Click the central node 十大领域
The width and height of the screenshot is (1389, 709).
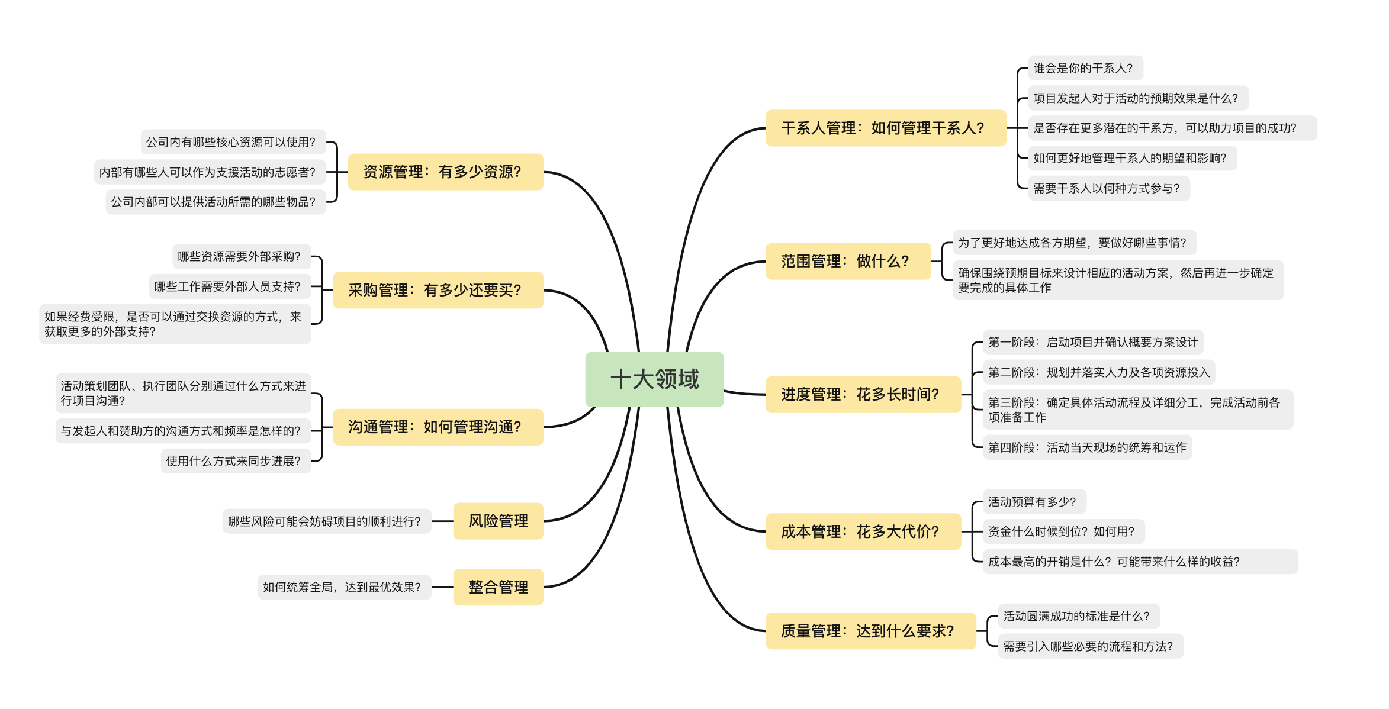click(x=654, y=379)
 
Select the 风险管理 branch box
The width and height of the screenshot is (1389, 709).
click(x=498, y=521)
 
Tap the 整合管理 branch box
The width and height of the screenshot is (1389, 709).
click(x=498, y=587)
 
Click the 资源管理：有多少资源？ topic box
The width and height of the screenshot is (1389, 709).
click(x=445, y=172)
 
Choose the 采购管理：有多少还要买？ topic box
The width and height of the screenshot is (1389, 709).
click(x=438, y=290)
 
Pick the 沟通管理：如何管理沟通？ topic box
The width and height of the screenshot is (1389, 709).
click(x=438, y=427)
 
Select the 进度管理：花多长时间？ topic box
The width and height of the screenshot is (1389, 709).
click(x=863, y=394)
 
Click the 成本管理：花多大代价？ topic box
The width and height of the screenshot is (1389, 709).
click(x=863, y=531)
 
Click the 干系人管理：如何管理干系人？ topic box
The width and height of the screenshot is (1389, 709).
click(x=885, y=128)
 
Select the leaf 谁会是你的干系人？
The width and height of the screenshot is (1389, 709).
click(x=1085, y=68)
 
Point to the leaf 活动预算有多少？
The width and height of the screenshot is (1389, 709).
click(x=1034, y=502)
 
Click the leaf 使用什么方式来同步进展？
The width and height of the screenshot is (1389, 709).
click(x=235, y=461)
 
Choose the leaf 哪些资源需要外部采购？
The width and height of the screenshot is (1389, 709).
click(x=241, y=256)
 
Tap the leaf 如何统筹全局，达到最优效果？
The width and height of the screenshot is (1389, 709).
click(x=344, y=587)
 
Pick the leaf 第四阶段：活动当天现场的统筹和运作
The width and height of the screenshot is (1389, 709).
click(x=1086, y=447)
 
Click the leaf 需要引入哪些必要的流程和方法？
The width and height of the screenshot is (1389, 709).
click(x=1090, y=646)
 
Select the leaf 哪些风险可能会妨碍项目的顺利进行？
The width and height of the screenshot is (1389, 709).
click(x=326, y=521)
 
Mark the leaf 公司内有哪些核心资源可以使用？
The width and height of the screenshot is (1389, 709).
click(x=233, y=142)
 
